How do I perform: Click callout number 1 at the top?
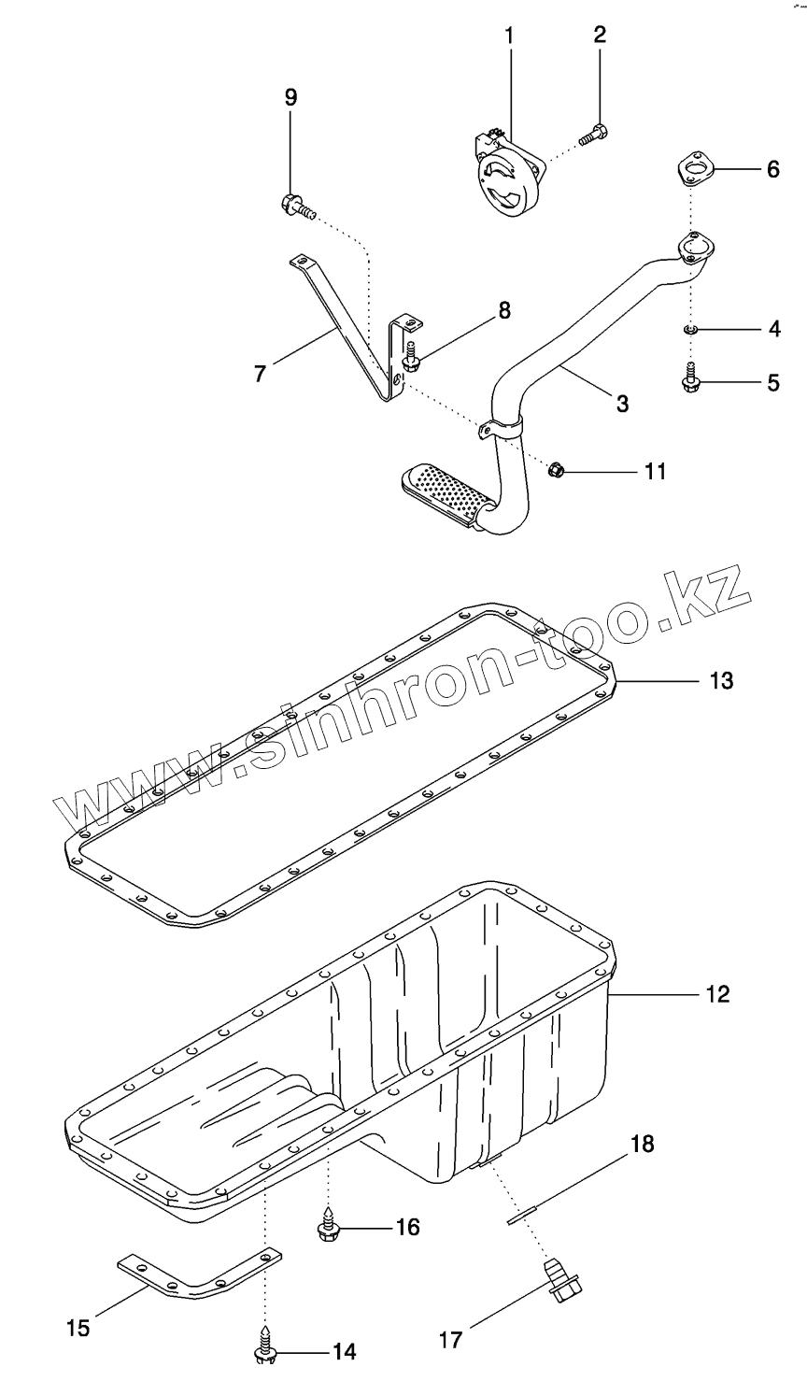510,36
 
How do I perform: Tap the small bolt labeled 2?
592,136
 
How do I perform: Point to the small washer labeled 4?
690,329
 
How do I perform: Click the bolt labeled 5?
691,379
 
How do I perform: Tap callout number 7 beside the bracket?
261,373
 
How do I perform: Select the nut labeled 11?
554,469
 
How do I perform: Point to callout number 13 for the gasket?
720,680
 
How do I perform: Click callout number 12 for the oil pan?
717,993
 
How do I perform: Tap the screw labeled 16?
329,1228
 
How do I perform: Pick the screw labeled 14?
264,1349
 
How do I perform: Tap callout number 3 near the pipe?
621,403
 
